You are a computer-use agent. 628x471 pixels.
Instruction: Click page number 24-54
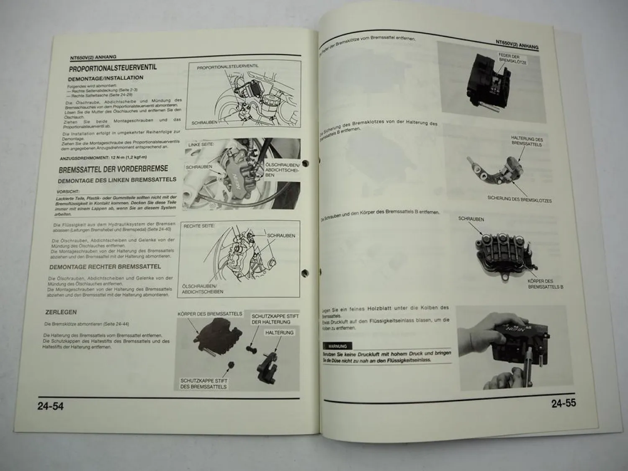coord(51,406)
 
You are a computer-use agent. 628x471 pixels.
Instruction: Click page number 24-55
coord(564,403)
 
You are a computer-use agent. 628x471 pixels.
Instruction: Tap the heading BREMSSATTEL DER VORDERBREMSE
coord(113,169)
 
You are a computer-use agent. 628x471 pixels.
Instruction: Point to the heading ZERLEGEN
coord(61,312)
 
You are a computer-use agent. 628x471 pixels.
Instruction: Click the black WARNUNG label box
coord(337,346)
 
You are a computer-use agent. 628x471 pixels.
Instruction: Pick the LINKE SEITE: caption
coord(201,144)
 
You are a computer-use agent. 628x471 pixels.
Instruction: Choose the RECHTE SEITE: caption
coord(199,226)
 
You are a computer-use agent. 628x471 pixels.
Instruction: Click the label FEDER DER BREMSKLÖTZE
coord(512,59)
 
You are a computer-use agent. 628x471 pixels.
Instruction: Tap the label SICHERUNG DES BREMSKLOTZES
coord(519,199)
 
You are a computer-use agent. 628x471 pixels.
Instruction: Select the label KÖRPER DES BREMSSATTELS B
coord(545,284)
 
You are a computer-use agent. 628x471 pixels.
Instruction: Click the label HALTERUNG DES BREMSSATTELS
coord(527,142)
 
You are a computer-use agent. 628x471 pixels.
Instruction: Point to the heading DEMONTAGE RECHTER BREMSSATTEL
coord(105,267)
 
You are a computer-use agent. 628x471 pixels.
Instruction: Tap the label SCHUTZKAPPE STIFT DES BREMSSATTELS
coord(204,383)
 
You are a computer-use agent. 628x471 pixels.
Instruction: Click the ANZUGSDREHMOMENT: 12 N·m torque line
coord(103,158)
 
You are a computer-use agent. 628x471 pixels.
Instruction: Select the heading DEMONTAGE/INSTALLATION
coord(106,78)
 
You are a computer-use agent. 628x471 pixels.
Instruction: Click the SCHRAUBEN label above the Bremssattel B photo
coord(471,219)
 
